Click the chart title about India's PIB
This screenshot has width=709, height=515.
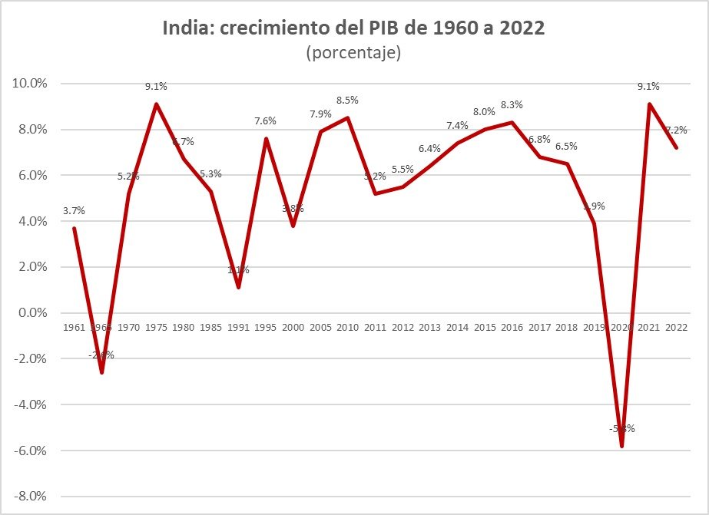pyautogui.click(x=354, y=28)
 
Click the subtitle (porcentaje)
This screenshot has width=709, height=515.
pyautogui.click(x=354, y=53)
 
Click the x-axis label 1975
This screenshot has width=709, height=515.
pyautogui.click(x=156, y=328)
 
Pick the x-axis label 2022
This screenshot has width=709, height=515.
pyautogui.click(x=676, y=328)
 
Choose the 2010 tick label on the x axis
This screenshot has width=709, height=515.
pyautogui.click(x=347, y=328)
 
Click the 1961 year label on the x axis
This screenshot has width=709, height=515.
pyautogui.click(x=74, y=328)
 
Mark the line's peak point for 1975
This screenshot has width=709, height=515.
pyautogui.click(x=156, y=104)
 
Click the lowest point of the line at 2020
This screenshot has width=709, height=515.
pyautogui.click(x=621, y=446)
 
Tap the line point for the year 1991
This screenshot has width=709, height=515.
pyautogui.click(x=238, y=287)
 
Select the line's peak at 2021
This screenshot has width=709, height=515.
pyautogui.click(x=648, y=104)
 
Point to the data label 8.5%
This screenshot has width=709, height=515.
pyautogui.click(x=347, y=100)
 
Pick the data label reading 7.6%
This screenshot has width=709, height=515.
pyautogui.click(x=265, y=120)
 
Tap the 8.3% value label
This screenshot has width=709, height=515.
pyautogui.click(x=512, y=104)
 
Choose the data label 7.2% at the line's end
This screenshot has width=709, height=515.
pyautogui.click(x=676, y=130)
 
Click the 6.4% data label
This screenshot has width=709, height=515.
pyautogui.click(x=429, y=148)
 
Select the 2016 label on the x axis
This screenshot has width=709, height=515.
pyautogui.click(x=512, y=328)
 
